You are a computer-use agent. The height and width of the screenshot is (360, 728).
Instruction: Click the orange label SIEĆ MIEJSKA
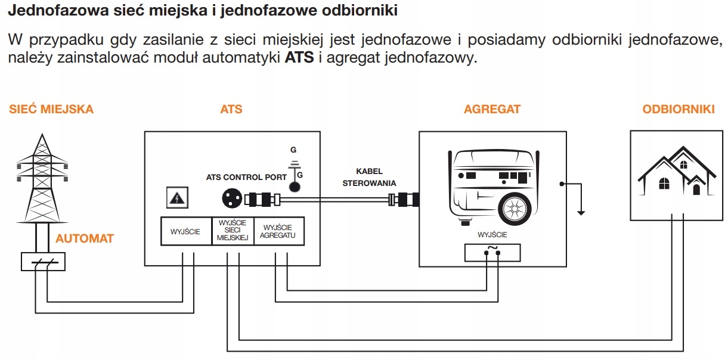click(51, 109)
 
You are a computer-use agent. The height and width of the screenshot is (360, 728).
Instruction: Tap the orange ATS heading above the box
click(231, 109)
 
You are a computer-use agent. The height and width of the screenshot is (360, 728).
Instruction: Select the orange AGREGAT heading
click(492, 109)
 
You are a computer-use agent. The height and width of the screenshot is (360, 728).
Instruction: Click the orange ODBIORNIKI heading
click(679, 109)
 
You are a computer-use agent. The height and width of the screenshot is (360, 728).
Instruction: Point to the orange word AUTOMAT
click(85, 238)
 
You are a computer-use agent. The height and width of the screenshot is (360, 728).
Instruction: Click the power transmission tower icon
click(41, 179)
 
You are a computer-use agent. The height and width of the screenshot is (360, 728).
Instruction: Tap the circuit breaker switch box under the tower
click(42, 262)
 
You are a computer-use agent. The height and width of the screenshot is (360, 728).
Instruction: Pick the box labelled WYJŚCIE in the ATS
click(185, 231)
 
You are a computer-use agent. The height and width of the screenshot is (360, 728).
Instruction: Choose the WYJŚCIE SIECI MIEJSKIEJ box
click(233, 231)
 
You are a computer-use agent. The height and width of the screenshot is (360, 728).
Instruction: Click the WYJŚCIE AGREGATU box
click(279, 231)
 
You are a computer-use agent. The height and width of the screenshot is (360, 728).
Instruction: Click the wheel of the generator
click(513, 208)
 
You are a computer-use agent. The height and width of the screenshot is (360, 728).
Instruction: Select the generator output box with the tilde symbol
click(492, 253)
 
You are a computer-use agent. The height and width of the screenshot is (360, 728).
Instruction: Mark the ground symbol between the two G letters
click(293, 162)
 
